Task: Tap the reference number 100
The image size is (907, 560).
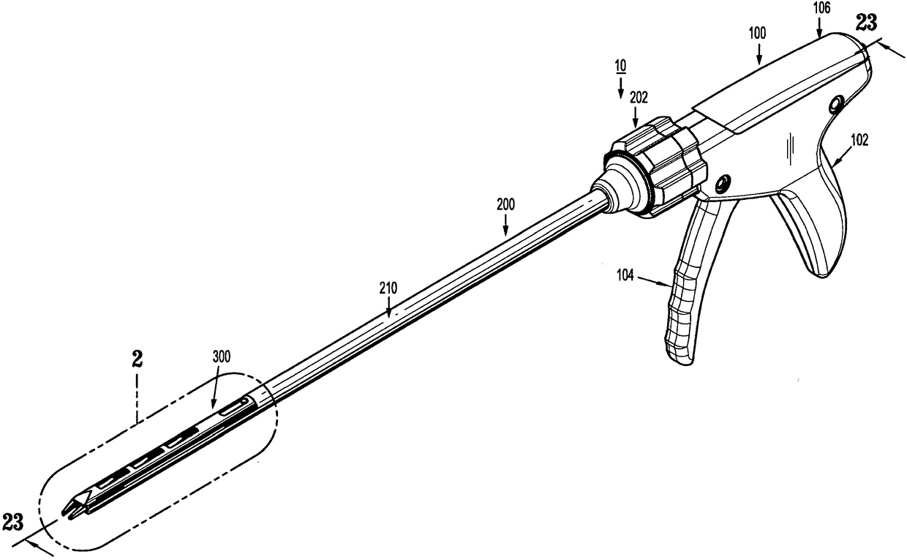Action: (759, 34)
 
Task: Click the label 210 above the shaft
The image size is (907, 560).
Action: (388, 289)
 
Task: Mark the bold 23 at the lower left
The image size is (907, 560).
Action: (13, 522)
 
